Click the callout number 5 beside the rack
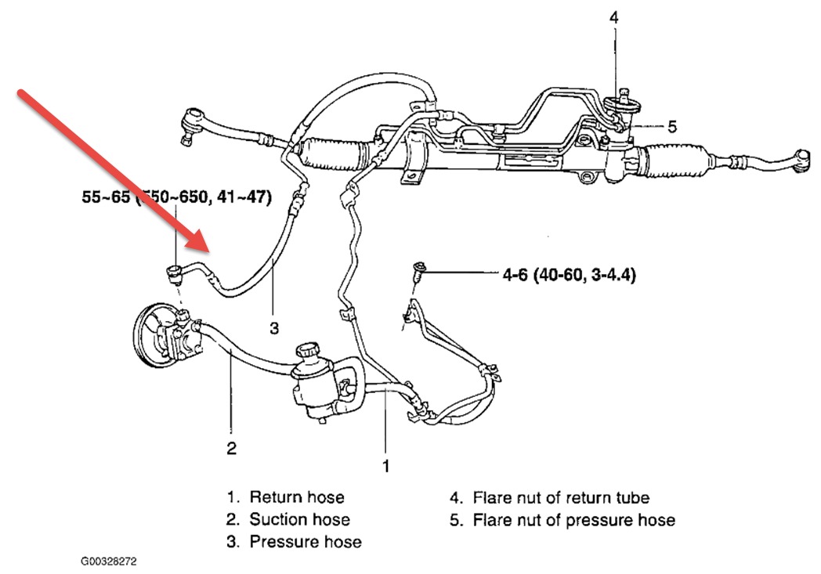tap(672, 125)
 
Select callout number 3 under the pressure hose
tap(274, 329)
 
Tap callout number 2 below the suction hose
tap(232, 449)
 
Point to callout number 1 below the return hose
tap(385, 466)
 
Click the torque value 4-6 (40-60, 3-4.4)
tap(568, 276)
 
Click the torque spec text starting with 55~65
tap(177, 198)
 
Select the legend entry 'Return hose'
tap(296, 497)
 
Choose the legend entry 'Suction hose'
tap(299, 519)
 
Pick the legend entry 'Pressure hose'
tap(305, 541)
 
